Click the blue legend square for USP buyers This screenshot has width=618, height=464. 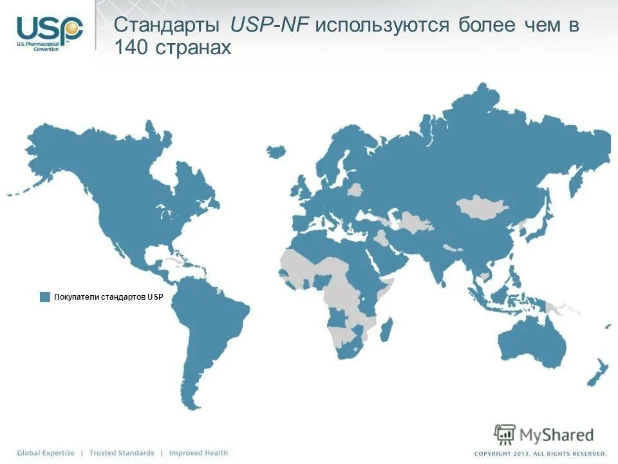click(44, 296)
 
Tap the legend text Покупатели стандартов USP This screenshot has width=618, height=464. click(109, 296)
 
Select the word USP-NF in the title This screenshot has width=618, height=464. click(269, 26)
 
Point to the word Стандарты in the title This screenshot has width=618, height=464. click(169, 26)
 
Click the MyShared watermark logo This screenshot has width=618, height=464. click(544, 433)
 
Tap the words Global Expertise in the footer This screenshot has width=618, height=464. click(46, 453)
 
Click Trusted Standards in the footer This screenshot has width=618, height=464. click(122, 453)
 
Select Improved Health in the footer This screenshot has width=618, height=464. click(198, 453)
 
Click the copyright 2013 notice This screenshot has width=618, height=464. click(540, 453)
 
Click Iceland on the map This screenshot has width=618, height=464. click(276, 151)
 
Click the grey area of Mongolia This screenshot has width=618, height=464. click(482, 208)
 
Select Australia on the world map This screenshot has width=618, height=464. click(534, 340)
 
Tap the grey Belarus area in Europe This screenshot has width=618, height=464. click(355, 189)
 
